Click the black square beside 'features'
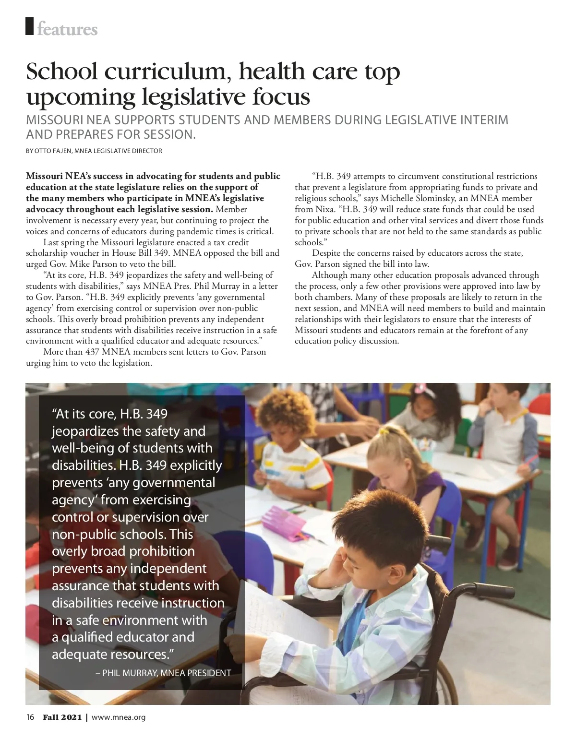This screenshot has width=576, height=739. point(30,26)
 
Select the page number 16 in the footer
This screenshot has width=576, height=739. point(30,717)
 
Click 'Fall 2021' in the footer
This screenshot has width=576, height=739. point(62,717)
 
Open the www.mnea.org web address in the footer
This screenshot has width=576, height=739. point(118,717)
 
